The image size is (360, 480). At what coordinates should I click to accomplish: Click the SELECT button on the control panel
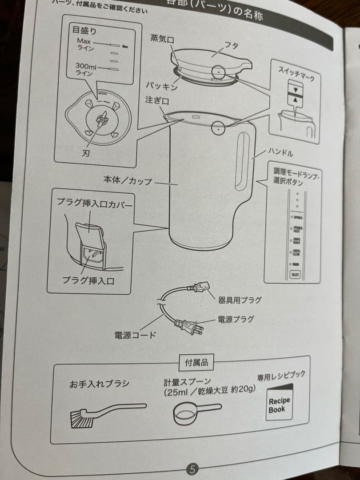[295, 274]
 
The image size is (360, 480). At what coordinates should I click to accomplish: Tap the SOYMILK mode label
[297, 217]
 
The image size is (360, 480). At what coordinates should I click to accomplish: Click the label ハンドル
[281, 153]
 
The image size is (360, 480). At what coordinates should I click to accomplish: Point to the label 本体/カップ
[128, 180]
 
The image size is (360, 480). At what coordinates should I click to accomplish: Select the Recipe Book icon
[279, 404]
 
